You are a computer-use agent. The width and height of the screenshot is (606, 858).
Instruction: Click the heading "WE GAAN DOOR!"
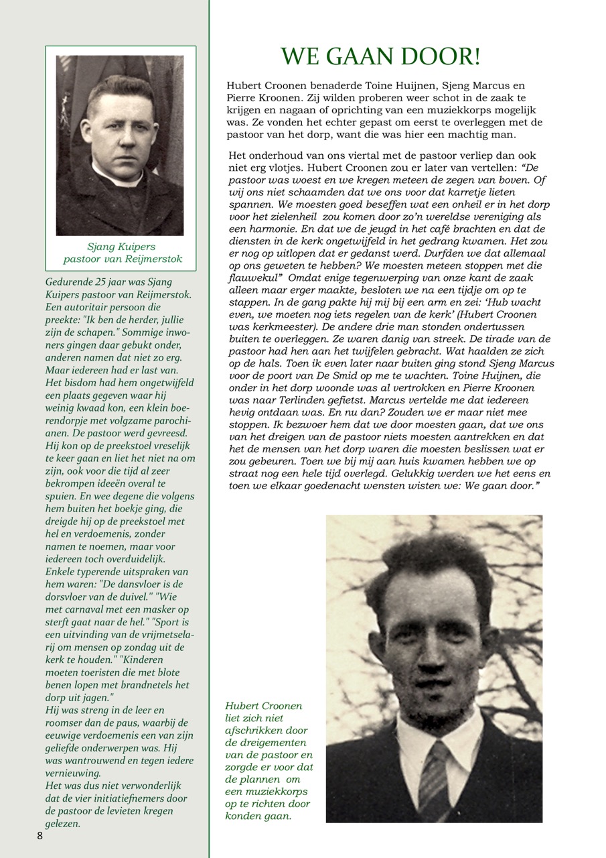(x=380, y=57)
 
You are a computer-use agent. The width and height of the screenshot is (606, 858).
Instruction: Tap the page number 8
(x=40, y=835)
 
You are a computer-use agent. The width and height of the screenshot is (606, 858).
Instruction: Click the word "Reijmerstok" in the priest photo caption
(x=152, y=259)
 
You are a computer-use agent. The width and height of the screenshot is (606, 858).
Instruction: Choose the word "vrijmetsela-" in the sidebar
(x=161, y=634)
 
